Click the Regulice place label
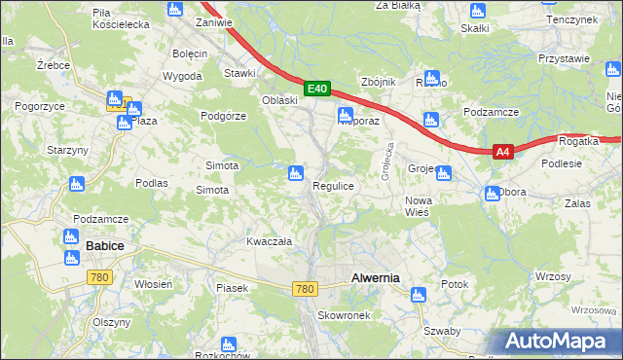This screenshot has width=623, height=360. tap(332, 185)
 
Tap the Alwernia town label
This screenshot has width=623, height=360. tap(374, 277)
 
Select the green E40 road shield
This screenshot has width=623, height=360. tap(316, 89)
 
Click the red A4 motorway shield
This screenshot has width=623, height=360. tap(502, 152)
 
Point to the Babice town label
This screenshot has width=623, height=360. tap(104, 246)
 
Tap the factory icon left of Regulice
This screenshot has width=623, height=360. tap(295, 174)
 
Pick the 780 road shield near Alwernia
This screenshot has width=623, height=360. tap(305, 289)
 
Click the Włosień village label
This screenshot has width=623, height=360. tap(153, 283)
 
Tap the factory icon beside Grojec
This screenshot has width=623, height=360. tap(444, 174)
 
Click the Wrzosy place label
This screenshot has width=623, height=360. tap(551, 277)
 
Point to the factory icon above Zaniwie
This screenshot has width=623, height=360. tap(174, 10)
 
